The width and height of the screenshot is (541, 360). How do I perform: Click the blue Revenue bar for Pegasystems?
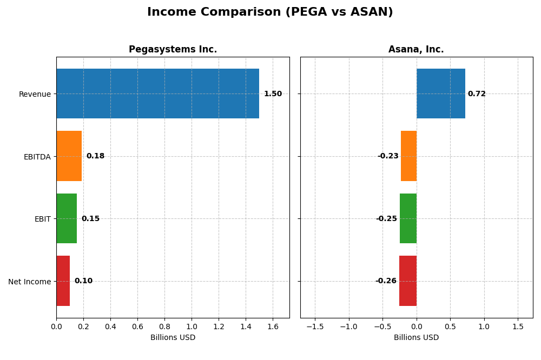click(157, 94)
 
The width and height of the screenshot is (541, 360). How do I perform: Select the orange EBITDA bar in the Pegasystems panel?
click(69, 156)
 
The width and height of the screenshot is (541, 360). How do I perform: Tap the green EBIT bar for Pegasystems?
click(67, 218)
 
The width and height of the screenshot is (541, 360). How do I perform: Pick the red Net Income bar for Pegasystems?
click(63, 281)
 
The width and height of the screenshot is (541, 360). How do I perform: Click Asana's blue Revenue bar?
click(440, 94)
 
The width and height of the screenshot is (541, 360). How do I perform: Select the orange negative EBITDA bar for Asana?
click(408, 156)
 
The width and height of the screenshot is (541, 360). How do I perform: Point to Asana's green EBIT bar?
click(408, 218)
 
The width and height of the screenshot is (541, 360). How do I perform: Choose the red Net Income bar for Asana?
click(407, 281)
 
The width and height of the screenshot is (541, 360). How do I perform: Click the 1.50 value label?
click(273, 94)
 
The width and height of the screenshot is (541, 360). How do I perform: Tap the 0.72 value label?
click(477, 94)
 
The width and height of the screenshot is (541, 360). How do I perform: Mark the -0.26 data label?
click(386, 281)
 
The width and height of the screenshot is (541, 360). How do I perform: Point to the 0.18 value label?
click(95, 156)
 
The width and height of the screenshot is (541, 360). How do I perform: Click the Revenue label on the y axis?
click(35, 94)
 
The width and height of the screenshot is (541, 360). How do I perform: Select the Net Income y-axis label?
click(29, 282)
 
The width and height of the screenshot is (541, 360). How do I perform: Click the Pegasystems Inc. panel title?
click(173, 50)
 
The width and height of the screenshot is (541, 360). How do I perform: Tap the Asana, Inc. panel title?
click(416, 50)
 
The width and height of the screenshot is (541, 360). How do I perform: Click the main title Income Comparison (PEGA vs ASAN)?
click(270, 12)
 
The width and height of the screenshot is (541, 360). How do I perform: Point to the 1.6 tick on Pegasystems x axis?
click(273, 326)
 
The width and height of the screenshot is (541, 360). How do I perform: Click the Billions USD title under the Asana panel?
click(416, 338)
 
